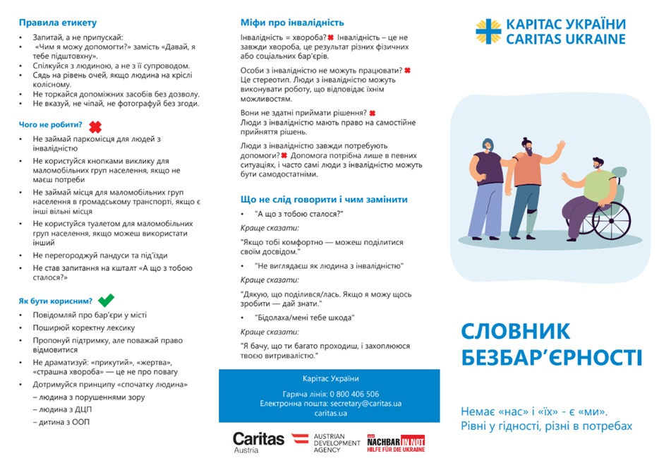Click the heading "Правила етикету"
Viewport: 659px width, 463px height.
(x=57, y=23)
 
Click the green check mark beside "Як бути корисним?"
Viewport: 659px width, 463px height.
(x=106, y=301)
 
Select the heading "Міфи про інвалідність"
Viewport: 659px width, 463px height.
(x=292, y=23)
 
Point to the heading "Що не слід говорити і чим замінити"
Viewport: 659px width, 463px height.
(x=324, y=199)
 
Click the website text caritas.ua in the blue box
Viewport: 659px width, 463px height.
(x=330, y=414)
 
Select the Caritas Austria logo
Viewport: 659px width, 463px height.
(x=258, y=442)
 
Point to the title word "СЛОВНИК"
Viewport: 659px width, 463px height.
(x=516, y=330)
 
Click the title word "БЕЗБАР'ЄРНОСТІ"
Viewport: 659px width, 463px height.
(x=552, y=357)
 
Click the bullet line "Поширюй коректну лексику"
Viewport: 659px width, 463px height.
(x=83, y=327)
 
